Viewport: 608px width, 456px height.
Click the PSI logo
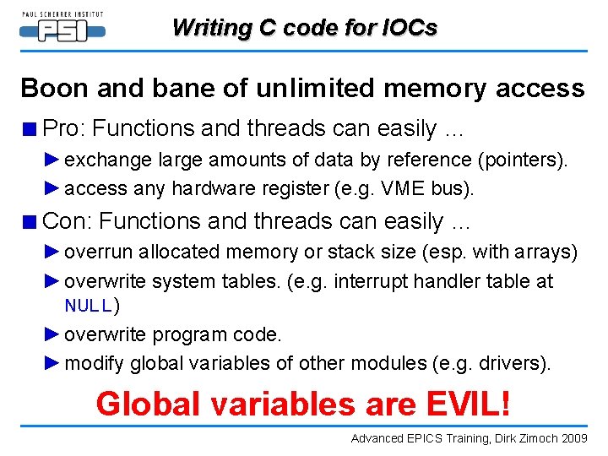pyautogui.click(x=62, y=29)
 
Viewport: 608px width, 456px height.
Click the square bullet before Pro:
pyautogui.click(x=30, y=129)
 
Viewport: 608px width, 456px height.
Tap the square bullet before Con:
pyautogui.click(x=30, y=222)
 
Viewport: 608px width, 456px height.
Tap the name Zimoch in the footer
pyautogui.click(x=540, y=439)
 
